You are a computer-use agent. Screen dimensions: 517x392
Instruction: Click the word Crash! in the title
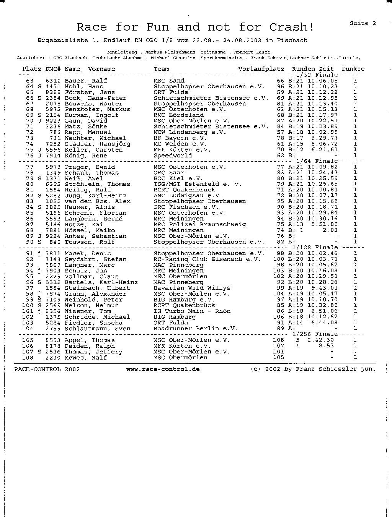click(292, 27)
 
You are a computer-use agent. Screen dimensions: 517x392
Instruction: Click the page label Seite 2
click(363, 23)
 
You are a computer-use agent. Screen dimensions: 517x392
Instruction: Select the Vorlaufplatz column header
click(261, 69)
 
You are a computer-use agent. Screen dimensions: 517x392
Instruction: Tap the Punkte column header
click(353, 69)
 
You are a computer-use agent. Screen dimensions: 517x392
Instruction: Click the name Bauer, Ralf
click(86, 81)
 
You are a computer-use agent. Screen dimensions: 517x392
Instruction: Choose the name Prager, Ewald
click(90, 167)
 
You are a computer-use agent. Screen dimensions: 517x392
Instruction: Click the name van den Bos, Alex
click(98, 201)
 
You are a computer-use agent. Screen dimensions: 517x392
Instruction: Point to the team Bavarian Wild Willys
click(192, 288)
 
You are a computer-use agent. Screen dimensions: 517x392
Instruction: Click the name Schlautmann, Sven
click(98, 329)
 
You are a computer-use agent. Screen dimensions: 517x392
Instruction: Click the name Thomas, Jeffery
click(93, 352)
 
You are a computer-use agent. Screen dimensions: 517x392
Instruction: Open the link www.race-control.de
click(163, 370)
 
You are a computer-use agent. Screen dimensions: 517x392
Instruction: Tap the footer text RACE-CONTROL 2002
click(47, 370)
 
